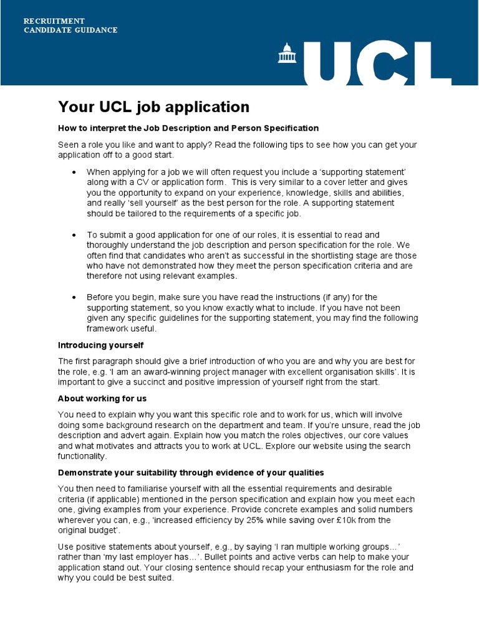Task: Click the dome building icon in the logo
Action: coord(288,54)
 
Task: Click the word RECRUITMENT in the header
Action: coord(54,21)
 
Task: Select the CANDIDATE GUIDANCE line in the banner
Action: coord(70,30)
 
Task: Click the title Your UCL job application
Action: coord(153,107)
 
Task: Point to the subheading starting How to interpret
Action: coord(188,128)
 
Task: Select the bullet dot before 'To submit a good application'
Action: coord(74,236)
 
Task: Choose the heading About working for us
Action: coord(102,399)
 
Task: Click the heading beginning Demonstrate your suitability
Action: coord(191,473)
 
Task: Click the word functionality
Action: coord(83,456)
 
